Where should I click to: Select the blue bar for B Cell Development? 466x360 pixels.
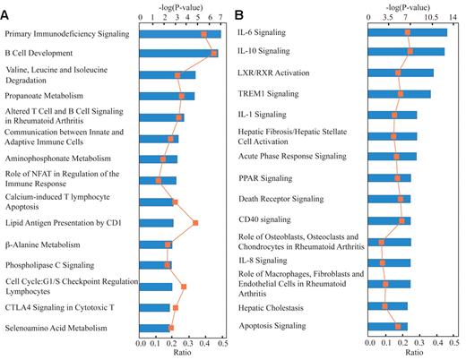tap(179, 54)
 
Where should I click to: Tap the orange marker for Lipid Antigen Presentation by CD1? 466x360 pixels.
tap(195, 222)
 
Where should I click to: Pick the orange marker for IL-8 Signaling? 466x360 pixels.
tap(383, 262)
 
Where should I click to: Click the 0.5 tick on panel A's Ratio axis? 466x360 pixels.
tap(221, 343)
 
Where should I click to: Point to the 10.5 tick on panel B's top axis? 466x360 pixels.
tap(431, 18)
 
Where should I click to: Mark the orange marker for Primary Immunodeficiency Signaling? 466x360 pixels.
tap(203, 34)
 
